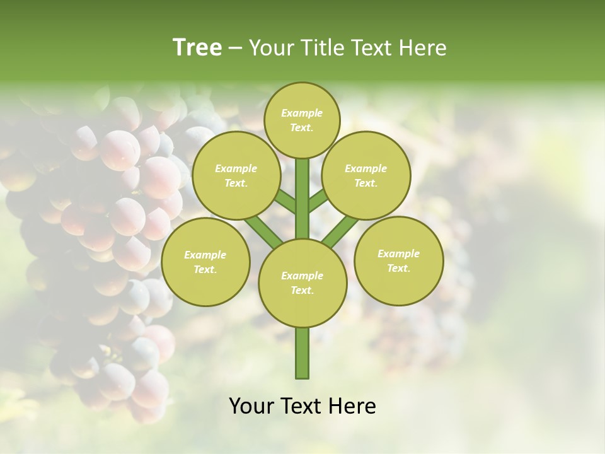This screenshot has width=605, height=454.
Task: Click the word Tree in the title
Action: (x=197, y=48)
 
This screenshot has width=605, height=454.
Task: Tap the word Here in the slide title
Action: (x=423, y=48)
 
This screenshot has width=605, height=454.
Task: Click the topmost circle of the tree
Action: (x=302, y=120)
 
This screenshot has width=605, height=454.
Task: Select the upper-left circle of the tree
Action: (x=236, y=176)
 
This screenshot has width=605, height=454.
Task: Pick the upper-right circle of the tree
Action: (x=366, y=176)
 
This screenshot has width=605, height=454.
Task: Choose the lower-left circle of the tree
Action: (x=205, y=262)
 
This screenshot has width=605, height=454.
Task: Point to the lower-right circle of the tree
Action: (x=399, y=260)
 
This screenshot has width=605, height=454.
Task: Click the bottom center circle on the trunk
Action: (x=302, y=283)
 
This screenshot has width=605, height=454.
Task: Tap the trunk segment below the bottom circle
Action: (x=302, y=353)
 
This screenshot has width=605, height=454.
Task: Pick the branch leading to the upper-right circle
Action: (x=318, y=200)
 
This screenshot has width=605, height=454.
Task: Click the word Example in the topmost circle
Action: (x=302, y=113)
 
